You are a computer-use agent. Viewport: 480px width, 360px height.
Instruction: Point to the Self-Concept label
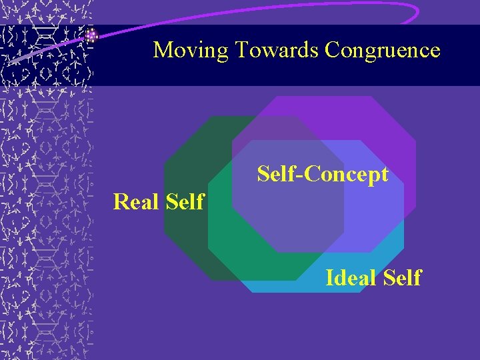323,175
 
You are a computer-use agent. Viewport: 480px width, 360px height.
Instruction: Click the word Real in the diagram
134,201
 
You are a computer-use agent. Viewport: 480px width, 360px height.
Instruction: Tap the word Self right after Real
181,201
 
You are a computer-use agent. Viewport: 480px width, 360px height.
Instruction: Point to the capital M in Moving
161,50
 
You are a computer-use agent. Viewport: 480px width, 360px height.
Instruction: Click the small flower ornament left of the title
92,35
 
